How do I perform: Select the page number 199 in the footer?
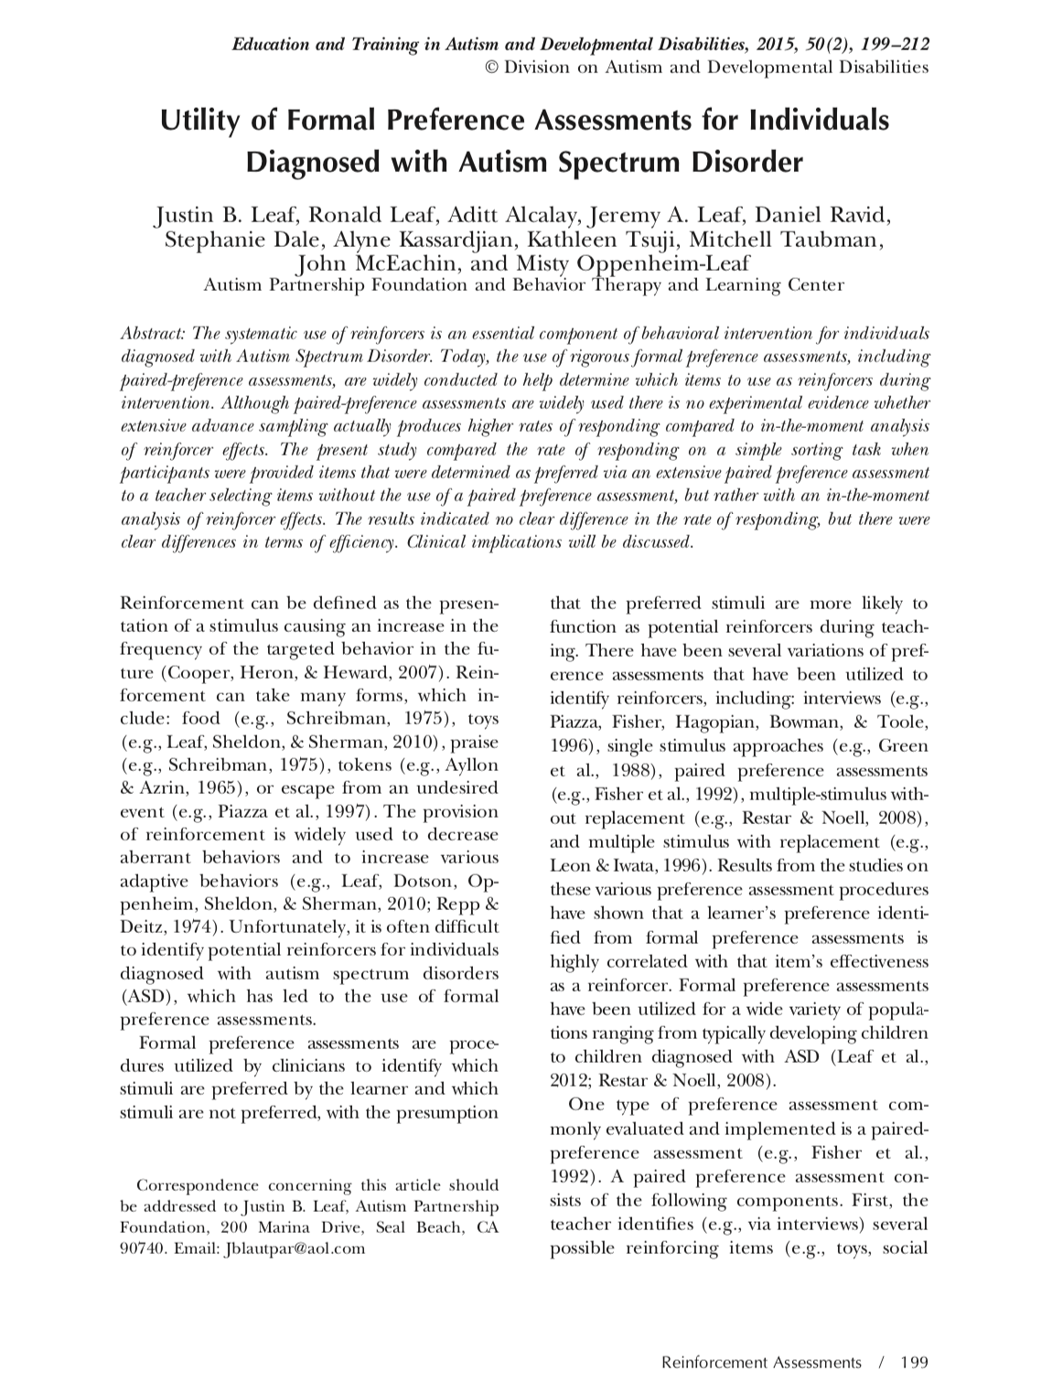pos(914,1362)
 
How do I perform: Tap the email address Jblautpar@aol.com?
pos(294,1247)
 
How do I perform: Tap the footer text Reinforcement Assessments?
pos(761,1362)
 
